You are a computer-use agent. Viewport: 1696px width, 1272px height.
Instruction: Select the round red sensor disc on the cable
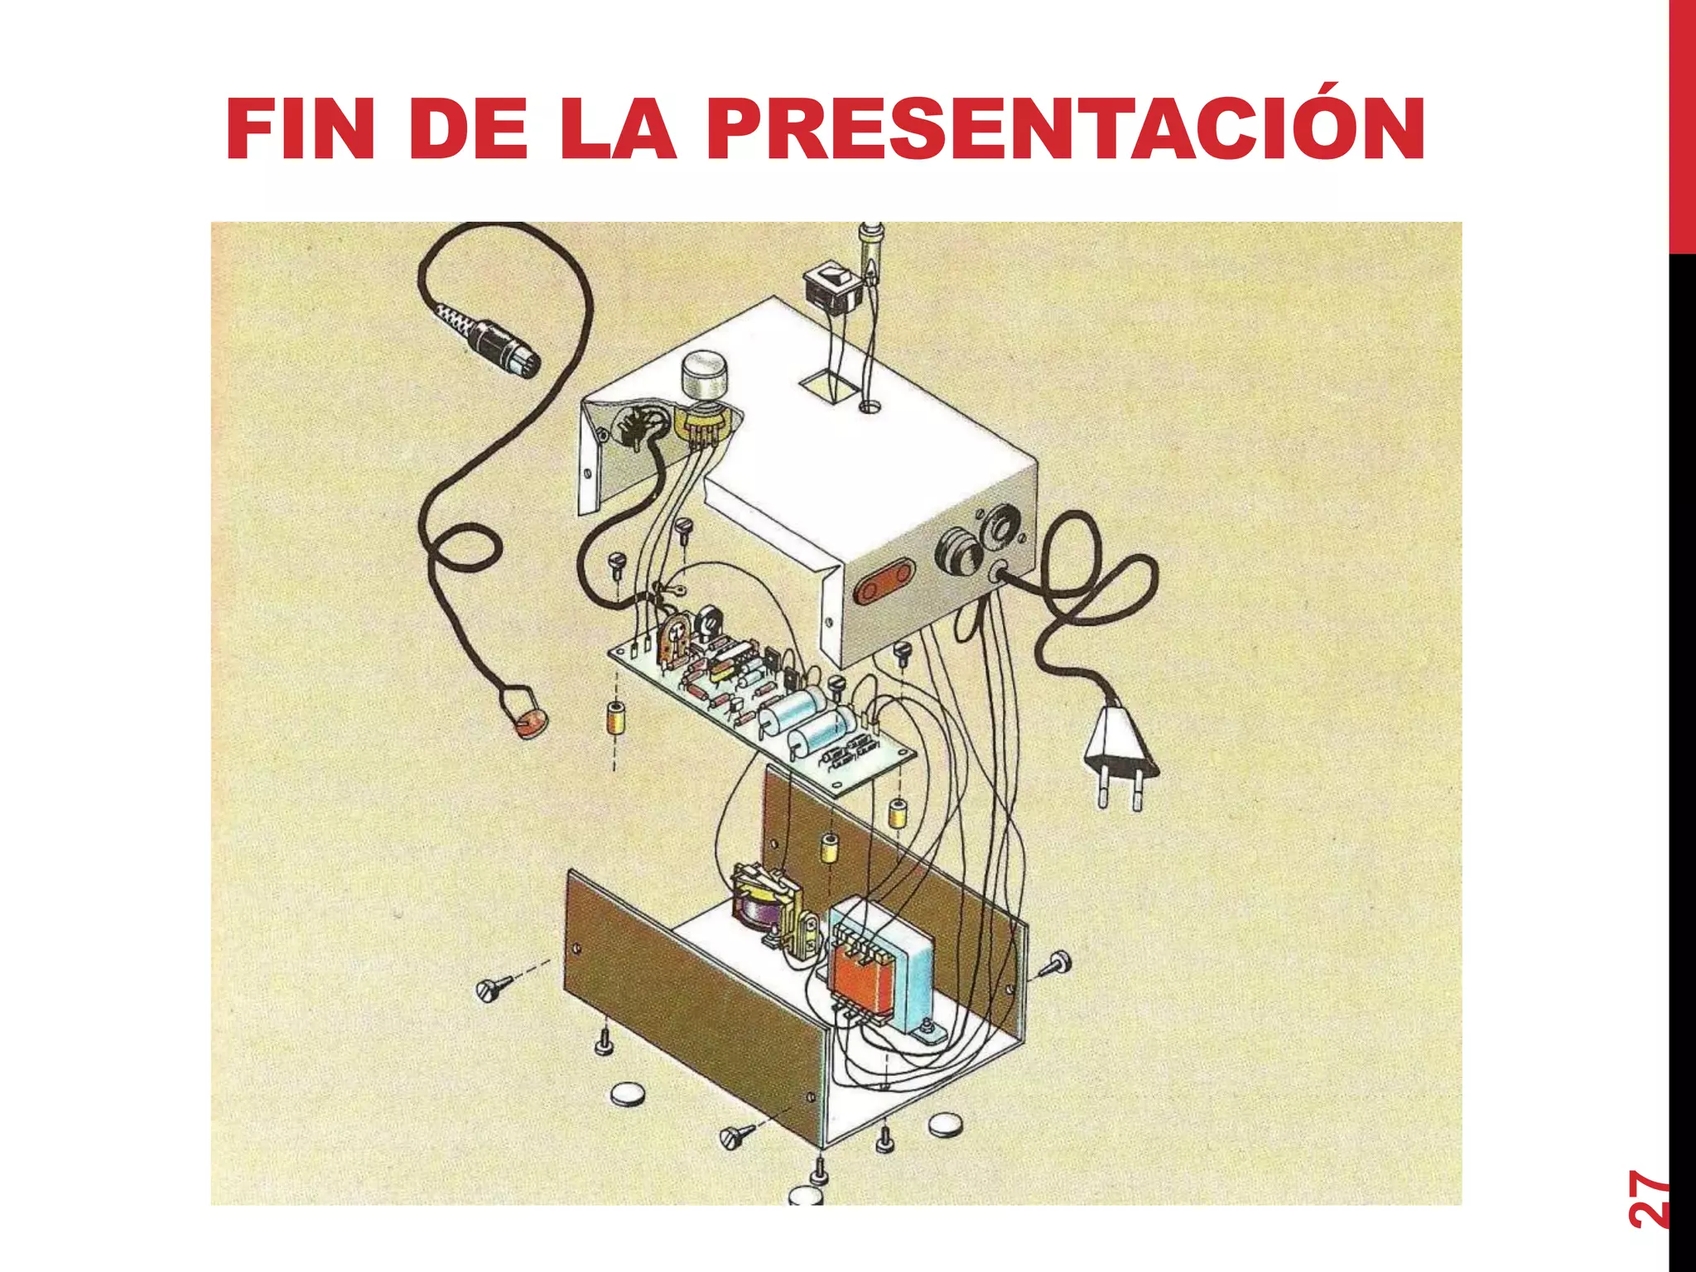coord(531,724)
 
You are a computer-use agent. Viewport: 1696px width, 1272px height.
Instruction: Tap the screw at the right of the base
coord(1058,963)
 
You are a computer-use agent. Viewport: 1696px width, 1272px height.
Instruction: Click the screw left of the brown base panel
coord(494,987)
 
